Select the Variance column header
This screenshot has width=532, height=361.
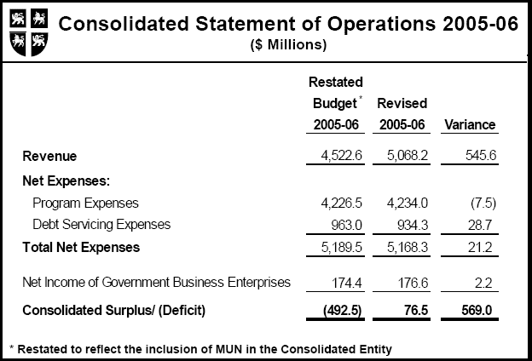(x=470, y=125)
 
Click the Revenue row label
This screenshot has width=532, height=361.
(x=49, y=156)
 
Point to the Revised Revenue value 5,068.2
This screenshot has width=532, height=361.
(x=401, y=156)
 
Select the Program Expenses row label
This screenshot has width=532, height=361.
(x=85, y=203)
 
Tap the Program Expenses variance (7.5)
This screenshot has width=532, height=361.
(x=477, y=203)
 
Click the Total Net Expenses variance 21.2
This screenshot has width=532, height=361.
(x=480, y=248)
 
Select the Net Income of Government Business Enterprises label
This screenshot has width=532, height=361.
(x=156, y=282)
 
